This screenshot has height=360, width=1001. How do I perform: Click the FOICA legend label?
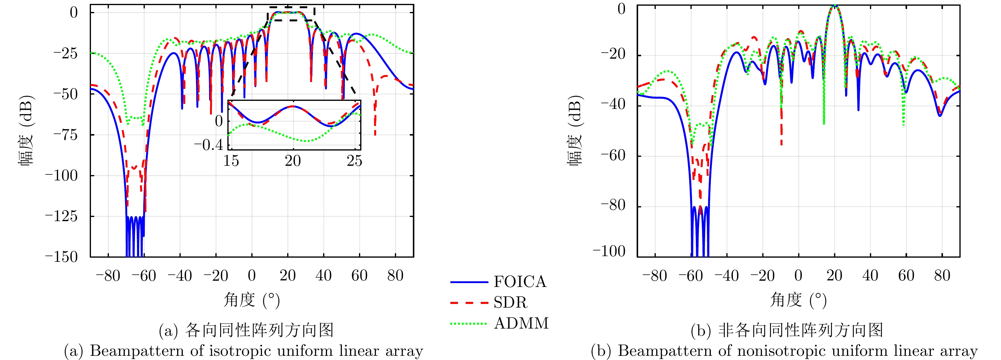[x=520, y=282]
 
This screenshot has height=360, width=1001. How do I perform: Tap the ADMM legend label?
[x=521, y=323]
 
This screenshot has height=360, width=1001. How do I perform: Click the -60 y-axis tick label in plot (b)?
[x=613, y=156]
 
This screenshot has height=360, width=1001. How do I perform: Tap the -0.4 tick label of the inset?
[x=209, y=145]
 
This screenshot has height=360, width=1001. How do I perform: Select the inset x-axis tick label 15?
[x=231, y=161]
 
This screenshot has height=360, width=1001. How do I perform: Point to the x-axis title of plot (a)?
[x=251, y=300]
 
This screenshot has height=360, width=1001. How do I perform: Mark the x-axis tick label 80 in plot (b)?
[x=942, y=276]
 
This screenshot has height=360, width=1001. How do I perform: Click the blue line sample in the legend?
[x=469, y=282]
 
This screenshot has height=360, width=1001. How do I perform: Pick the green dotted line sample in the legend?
[x=469, y=323]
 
